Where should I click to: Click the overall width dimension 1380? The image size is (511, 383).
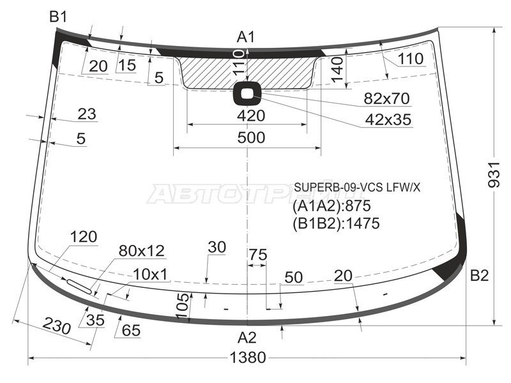click(248, 357)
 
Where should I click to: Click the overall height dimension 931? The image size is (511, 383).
click(493, 174)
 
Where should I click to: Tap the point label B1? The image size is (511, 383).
click(58, 17)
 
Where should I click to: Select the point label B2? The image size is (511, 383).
click(480, 276)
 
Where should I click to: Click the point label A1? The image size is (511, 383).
click(246, 37)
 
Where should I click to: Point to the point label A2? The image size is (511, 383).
click(247, 338)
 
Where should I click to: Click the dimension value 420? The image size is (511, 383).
click(251, 116)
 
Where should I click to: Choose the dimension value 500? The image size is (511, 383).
click(251, 138)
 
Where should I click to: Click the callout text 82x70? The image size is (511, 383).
click(387, 98)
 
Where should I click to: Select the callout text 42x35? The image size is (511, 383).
click(388, 120)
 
